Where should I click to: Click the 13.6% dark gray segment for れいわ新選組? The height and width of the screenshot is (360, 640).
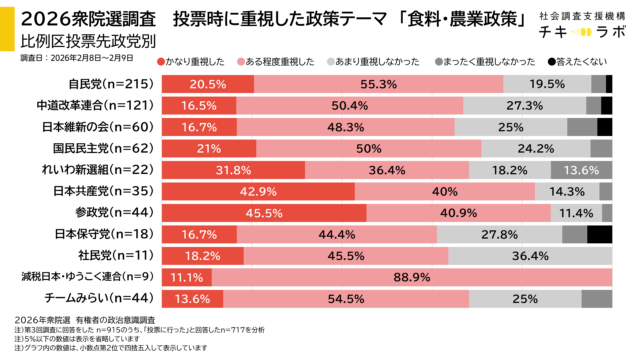[582, 170]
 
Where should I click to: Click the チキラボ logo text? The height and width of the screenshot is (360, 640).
[573, 33]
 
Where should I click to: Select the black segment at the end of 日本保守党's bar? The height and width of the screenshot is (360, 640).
[599, 234]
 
